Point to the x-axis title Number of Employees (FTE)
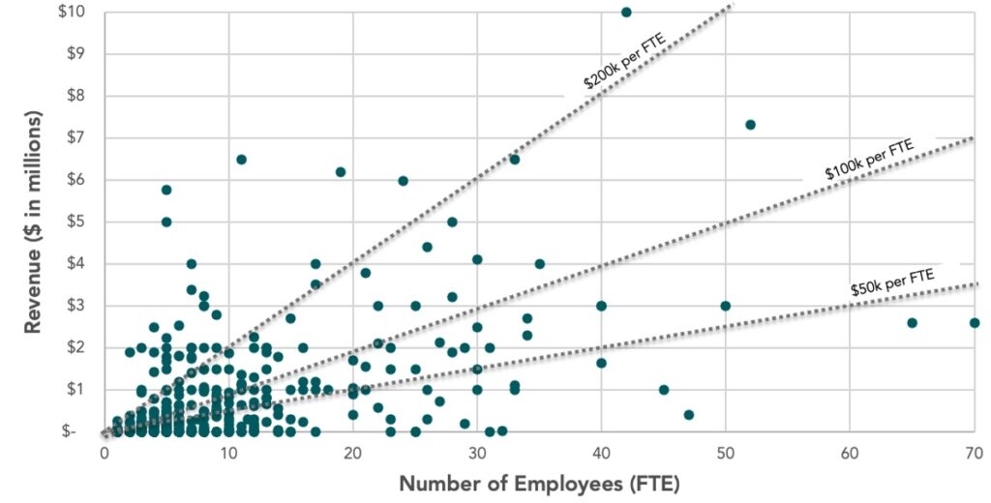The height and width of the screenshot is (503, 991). (x=538, y=483)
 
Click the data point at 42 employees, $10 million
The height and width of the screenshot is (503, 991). (x=626, y=12)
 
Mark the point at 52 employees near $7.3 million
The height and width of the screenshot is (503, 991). (x=750, y=125)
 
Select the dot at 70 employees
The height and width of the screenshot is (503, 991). (x=974, y=322)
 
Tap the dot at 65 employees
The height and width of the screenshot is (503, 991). (x=912, y=322)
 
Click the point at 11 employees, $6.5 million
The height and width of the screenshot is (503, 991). (x=241, y=159)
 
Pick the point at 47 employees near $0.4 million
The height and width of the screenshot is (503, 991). (x=688, y=414)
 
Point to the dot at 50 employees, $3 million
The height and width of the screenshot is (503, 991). (x=726, y=306)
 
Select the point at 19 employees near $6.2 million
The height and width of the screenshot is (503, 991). (x=341, y=171)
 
